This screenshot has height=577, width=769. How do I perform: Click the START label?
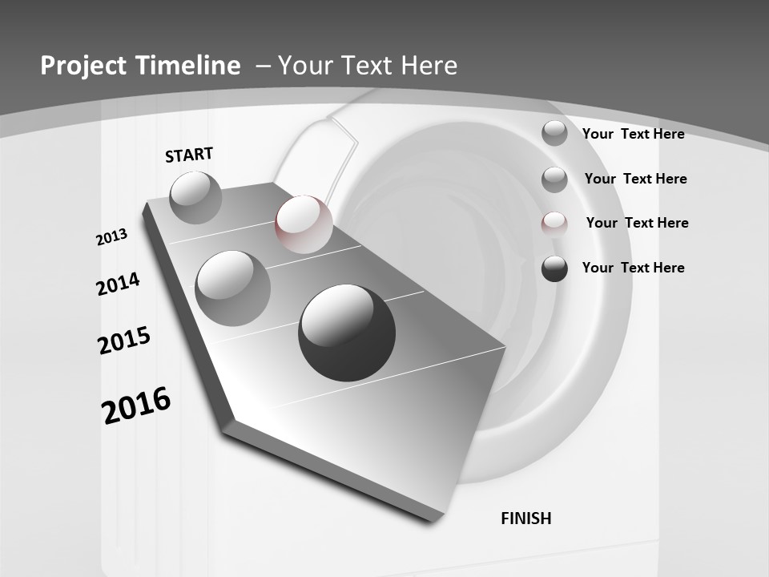(189, 155)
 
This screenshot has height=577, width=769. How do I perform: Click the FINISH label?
(526, 518)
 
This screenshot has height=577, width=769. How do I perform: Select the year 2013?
(112, 237)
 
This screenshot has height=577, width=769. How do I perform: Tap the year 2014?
(119, 284)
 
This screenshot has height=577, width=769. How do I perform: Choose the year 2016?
(136, 406)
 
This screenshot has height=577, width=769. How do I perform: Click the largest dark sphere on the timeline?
(347, 333)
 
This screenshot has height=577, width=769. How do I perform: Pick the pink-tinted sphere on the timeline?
(304, 224)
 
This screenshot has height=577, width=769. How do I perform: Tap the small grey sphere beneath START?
(196, 197)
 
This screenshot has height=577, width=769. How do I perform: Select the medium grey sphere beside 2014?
(233, 288)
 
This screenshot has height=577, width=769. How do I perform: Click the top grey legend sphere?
(554, 133)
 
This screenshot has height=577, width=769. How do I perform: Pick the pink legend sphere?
(554, 224)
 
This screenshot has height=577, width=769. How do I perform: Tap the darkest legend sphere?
(554, 268)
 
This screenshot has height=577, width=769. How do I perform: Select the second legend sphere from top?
(554, 180)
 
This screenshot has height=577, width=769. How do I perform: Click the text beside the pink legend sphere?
(637, 223)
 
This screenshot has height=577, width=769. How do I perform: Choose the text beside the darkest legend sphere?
(633, 268)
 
